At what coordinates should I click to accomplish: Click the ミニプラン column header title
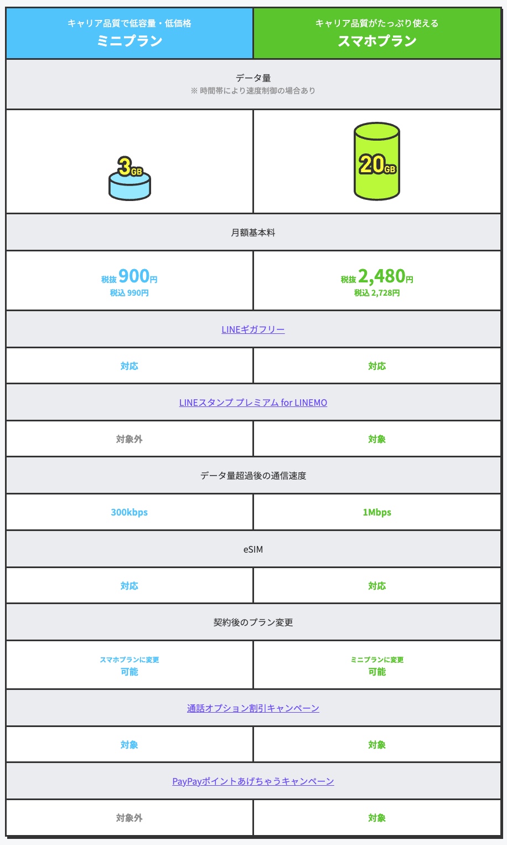(x=130, y=41)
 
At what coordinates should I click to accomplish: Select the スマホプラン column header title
(x=377, y=41)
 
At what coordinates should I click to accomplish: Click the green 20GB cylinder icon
(x=377, y=161)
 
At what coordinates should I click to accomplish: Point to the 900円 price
(x=134, y=276)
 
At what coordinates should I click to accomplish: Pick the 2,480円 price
(x=381, y=276)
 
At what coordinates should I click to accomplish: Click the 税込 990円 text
(x=130, y=293)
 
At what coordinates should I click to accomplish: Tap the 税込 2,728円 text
(x=377, y=293)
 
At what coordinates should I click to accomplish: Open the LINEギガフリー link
(x=253, y=329)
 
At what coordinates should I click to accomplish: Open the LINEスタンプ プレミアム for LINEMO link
(x=253, y=403)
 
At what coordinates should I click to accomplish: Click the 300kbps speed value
(x=130, y=512)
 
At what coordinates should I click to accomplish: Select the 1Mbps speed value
(x=377, y=512)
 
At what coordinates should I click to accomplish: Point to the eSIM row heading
(x=253, y=549)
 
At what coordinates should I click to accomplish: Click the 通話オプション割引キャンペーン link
(x=253, y=708)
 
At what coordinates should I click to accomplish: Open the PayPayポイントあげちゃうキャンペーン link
(x=253, y=781)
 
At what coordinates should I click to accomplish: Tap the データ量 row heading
(x=253, y=79)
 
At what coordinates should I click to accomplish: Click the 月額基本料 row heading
(x=253, y=233)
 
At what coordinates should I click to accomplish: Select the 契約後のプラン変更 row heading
(x=253, y=622)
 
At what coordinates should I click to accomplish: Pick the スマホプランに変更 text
(x=130, y=659)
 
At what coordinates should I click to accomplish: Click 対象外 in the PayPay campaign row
(x=130, y=818)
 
